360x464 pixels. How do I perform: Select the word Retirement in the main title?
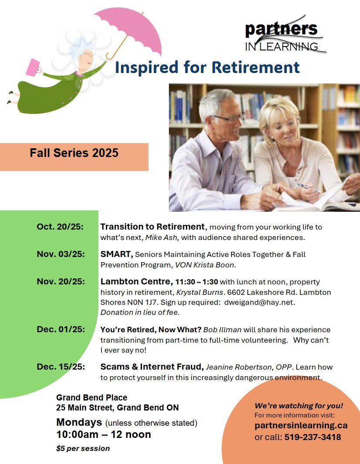coord(256,67)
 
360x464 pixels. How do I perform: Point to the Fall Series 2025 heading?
coord(74,153)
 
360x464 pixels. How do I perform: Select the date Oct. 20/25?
coord(60,227)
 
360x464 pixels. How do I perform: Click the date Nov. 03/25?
coord(61,254)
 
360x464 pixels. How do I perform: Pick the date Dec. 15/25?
coord(61,367)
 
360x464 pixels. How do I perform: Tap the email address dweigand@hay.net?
coord(259,302)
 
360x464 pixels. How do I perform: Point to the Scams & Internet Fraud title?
coord(152,367)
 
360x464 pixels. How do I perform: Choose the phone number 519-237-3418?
coord(313,437)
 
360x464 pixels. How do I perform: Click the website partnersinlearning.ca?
coord(301,426)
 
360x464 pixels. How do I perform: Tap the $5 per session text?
coord(83,448)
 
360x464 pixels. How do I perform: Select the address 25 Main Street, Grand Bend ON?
coord(117,408)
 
